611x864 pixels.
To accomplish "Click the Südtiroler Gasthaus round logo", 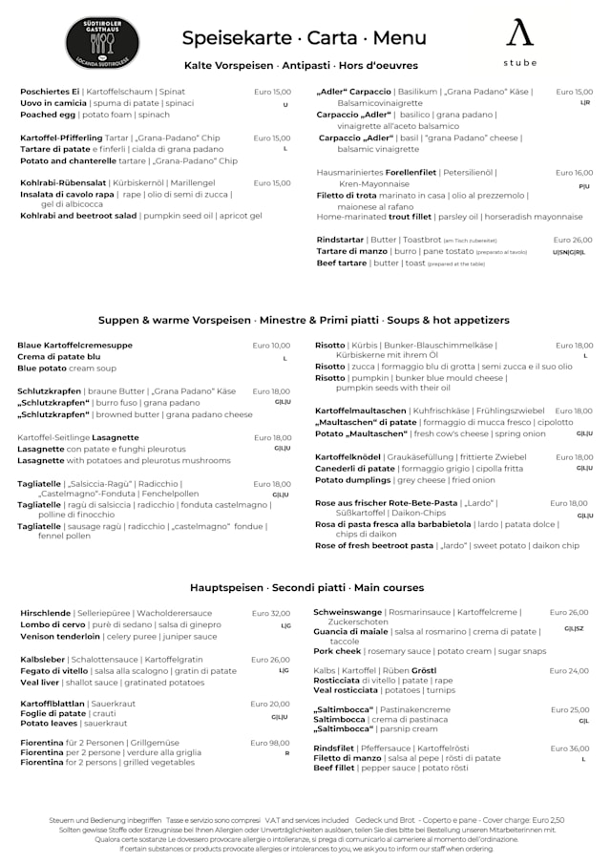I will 102,42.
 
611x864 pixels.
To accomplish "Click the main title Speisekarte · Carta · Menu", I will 305,38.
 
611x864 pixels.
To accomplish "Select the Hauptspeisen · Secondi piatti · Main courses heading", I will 306,587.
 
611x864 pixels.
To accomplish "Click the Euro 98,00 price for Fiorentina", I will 270,742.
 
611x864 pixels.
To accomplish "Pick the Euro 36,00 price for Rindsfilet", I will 570,748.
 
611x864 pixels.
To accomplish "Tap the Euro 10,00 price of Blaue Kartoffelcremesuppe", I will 271,346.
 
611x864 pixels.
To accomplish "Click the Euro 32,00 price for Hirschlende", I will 270,613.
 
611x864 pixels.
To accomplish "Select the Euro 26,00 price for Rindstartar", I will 573,240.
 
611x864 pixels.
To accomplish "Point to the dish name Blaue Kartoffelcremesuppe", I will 75,346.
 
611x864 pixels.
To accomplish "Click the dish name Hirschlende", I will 46,613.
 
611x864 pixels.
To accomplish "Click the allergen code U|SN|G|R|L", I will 569,252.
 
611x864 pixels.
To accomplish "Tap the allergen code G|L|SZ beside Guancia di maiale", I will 574,628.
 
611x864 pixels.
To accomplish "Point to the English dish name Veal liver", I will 40,683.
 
